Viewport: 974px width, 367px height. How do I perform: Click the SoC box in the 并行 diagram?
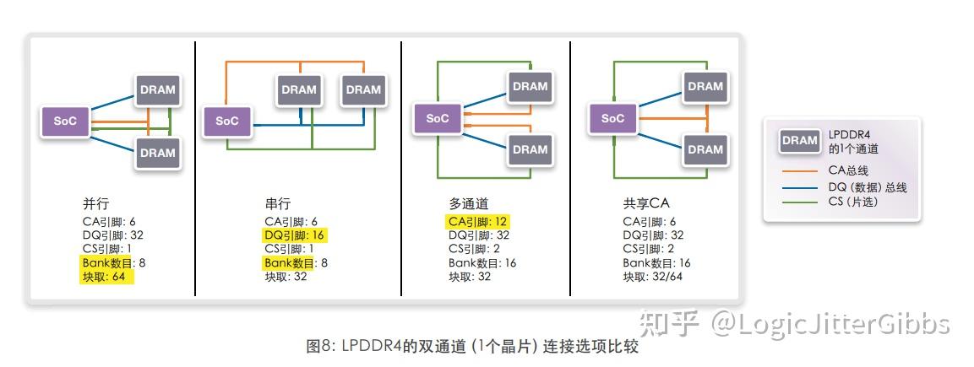pyautogui.click(x=66, y=121)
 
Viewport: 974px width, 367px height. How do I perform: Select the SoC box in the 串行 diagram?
pyautogui.click(x=226, y=121)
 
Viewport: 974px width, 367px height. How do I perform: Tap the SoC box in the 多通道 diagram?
pyautogui.click(x=437, y=118)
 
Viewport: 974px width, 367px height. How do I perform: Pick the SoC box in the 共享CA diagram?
pyautogui.click(x=612, y=118)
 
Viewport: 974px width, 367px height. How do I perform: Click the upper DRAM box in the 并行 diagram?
pyautogui.click(x=157, y=90)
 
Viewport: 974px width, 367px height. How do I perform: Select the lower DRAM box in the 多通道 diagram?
pyautogui.click(x=530, y=149)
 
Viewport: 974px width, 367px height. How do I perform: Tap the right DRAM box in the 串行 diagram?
pyautogui.click(x=363, y=89)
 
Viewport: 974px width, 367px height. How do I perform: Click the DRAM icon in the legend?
pyautogui.click(x=799, y=141)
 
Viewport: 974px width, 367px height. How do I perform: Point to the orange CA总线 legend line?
pyautogui.click(x=799, y=170)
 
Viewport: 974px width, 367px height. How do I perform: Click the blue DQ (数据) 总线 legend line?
pyautogui.click(x=799, y=187)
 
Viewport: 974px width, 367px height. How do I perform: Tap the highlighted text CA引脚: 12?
pyautogui.click(x=478, y=222)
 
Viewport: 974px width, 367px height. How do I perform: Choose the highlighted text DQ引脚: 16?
pyautogui.click(x=294, y=235)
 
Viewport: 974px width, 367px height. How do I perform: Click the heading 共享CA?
pyautogui.click(x=646, y=204)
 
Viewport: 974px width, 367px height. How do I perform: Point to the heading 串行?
pyautogui.click(x=278, y=204)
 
